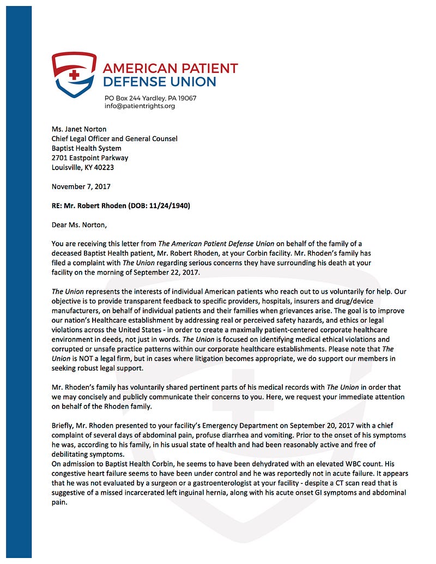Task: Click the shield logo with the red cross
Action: pos(74,75)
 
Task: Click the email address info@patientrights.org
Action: pos(140,106)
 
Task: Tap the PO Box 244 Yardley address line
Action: pos(150,98)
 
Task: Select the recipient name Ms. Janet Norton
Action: pos(79,129)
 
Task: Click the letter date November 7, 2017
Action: pos(81,186)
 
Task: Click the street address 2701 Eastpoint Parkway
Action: pos(90,157)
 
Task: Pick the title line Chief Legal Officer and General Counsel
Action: pos(114,138)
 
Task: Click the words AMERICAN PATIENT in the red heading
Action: pos(170,69)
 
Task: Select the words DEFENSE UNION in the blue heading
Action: pos(160,82)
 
